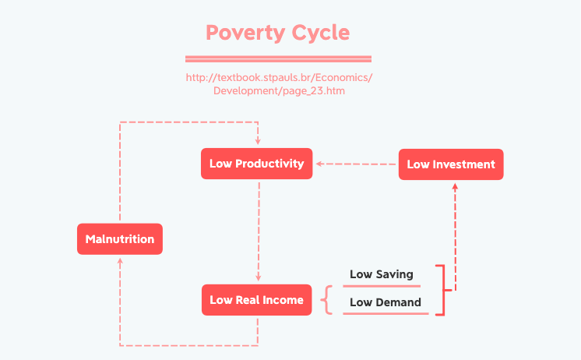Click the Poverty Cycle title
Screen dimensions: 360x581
point(277,34)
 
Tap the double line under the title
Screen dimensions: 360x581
point(278,58)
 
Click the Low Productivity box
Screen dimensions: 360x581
point(256,164)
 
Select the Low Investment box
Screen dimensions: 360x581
point(451,164)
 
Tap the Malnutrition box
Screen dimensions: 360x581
point(120,238)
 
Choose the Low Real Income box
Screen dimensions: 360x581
point(256,300)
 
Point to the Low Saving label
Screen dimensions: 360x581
point(381,274)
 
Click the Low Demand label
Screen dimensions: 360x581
point(385,302)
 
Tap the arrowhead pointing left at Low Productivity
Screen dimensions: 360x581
point(319,164)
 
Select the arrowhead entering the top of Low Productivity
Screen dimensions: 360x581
point(257,143)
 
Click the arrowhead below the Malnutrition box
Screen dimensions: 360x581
point(120,261)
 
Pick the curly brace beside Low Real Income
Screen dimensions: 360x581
point(327,300)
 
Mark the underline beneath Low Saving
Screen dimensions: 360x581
point(381,286)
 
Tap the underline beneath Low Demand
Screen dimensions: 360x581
point(386,313)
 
